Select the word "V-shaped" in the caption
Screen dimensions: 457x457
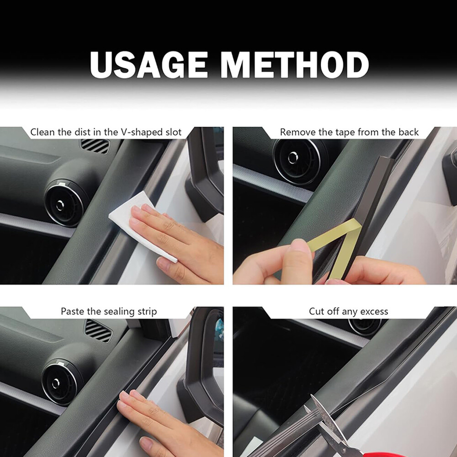[x=139, y=133]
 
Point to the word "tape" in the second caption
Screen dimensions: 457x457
[x=345, y=133]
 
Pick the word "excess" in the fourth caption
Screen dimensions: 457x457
[x=374, y=312]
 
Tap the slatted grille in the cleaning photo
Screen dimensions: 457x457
[x=95, y=146]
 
